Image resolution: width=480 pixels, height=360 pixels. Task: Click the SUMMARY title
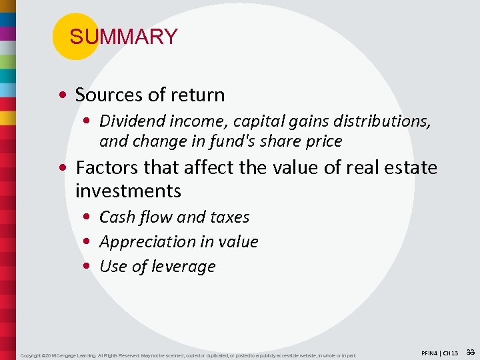pos(123,37)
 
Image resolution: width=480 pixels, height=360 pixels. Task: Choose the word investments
pos(128,191)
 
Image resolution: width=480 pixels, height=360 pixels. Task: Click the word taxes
pos(229,217)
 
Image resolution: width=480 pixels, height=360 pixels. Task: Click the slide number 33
pos(470,351)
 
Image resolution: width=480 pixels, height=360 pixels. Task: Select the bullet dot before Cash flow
pos(89,217)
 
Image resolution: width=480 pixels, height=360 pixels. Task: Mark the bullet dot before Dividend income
pos(89,121)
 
